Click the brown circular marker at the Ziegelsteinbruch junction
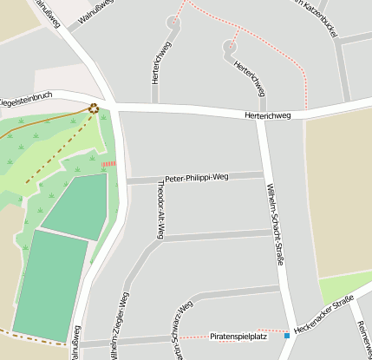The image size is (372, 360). click(94, 108)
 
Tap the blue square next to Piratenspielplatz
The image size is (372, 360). click(287, 335)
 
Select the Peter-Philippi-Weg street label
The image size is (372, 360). click(195, 177)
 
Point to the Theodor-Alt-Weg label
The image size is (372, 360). click(159, 210)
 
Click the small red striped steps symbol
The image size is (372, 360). click(108, 163)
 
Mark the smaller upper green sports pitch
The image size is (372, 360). click(78, 206)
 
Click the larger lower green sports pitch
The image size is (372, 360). click(50, 285)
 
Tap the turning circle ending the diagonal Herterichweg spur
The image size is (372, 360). click(231, 47)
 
